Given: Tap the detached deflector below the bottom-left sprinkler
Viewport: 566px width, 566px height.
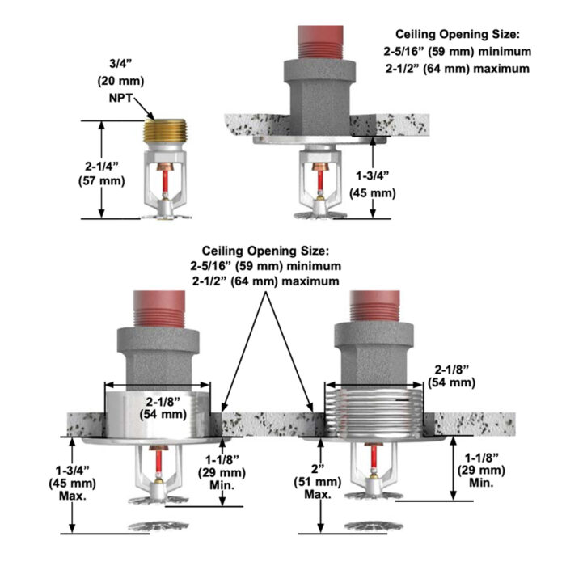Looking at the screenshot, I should [158, 525].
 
